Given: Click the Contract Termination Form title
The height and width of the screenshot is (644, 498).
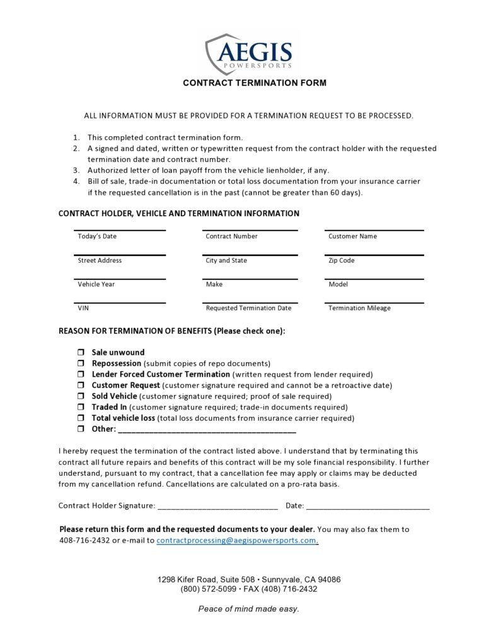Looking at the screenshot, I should click(x=255, y=83).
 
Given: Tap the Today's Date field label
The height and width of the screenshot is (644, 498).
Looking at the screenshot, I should click(x=97, y=236).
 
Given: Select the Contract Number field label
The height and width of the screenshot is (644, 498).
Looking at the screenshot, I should click(x=231, y=236).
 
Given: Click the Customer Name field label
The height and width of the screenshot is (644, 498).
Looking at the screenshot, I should click(x=352, y=236).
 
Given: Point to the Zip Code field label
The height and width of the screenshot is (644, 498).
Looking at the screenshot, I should click(x=341, y=260).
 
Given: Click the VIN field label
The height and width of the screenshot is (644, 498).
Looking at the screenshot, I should click(x=83, y=308).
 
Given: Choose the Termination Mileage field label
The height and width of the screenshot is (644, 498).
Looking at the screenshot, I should click(x=359, y=308).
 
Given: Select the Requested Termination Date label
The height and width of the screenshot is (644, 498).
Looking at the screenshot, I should click(x=248, y=308).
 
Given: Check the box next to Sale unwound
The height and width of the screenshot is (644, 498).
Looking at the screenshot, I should click(x=81, y=353).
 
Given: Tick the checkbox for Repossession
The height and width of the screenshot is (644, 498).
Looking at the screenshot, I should click(x=81, y=364).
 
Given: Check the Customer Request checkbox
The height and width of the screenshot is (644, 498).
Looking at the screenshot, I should click(x=81, y=385).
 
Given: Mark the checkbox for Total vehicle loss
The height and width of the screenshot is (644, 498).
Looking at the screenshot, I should click(x=81, y=418).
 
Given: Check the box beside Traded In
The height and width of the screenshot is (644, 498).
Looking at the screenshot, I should click(x=81, y=407).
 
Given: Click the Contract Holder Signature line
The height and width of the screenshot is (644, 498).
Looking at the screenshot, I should click(x=217, y=506).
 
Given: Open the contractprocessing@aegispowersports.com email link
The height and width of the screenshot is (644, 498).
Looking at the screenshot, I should click(x=236, y=541).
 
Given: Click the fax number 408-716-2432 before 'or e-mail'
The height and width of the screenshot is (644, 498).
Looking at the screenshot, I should click(x=84, y=541).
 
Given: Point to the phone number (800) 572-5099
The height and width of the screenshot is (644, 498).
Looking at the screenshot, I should click(x=209, y=589).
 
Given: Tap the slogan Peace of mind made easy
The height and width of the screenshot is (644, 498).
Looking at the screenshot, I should click(x=248, y=609).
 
